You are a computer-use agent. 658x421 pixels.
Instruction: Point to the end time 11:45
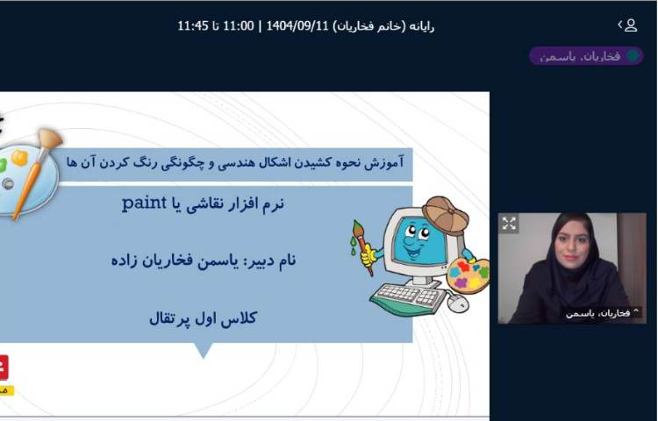(193, 25)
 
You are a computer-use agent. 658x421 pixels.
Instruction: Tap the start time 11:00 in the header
(240, 25)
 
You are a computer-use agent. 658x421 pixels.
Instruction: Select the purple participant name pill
(585, 56)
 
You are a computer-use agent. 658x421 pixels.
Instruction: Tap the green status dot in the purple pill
(633, 56)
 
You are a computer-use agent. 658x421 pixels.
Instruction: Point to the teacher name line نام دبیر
(203, 260)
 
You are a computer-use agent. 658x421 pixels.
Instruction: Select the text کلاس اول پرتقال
(203, 318)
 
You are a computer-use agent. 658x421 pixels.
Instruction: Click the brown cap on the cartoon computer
(446, 212)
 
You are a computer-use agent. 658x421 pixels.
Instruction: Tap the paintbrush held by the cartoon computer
(361, 246)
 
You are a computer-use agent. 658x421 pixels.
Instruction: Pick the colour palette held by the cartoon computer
(468, 274)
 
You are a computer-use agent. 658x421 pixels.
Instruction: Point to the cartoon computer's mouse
(457, 303)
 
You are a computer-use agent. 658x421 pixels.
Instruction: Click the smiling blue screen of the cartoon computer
(418, 240)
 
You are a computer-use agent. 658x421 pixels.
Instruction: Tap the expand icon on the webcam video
(509, 224)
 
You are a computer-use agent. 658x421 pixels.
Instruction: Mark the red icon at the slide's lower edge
(3, 367)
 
